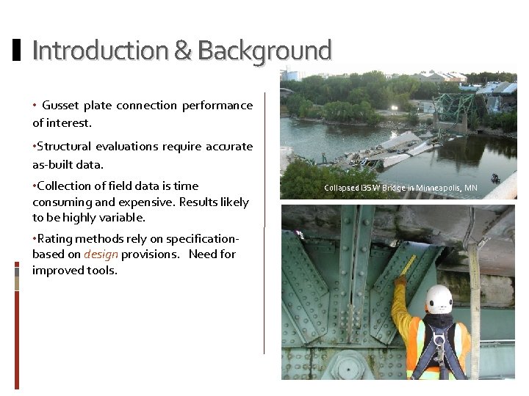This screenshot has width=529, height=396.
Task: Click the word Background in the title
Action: [264, 51]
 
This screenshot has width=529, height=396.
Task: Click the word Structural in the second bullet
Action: [65, 147]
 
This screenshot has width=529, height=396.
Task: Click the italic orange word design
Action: [101, 254]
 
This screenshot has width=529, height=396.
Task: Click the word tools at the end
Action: [101, 271]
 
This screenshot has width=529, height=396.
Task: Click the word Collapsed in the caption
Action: [342, 188]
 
